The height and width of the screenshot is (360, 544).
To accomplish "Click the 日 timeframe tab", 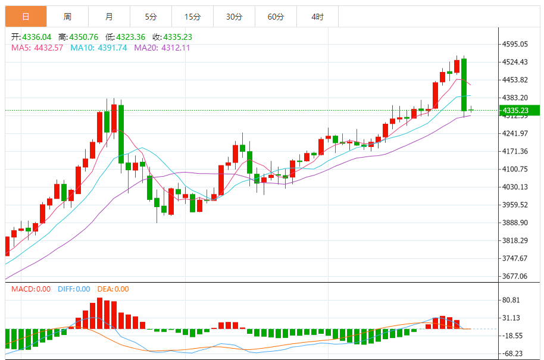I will [x=26, y=17].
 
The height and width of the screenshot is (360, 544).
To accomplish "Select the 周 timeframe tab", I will [x=67, y=17].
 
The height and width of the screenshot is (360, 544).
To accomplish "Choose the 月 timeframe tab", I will [x=109, y=17].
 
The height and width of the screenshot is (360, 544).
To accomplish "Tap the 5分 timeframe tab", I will [x=151, y=17].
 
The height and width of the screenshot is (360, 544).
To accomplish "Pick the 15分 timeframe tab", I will [x=192, y=17].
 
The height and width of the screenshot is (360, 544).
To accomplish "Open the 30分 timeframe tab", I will [x=234, y=17].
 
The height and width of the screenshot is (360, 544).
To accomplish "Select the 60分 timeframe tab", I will [x=276, y=17].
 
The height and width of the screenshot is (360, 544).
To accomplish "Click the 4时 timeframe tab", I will [x=317, y=17].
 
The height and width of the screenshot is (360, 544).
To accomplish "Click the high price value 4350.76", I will [x=83, y=37].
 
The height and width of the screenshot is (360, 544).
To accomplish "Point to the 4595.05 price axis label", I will [x=515, y=44].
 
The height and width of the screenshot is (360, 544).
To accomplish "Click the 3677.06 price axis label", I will [x=515, y=276].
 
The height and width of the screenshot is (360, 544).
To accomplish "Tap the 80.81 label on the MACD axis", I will [x=511, y=300].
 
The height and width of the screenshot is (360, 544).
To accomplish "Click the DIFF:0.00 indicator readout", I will [x=74, y=289].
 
